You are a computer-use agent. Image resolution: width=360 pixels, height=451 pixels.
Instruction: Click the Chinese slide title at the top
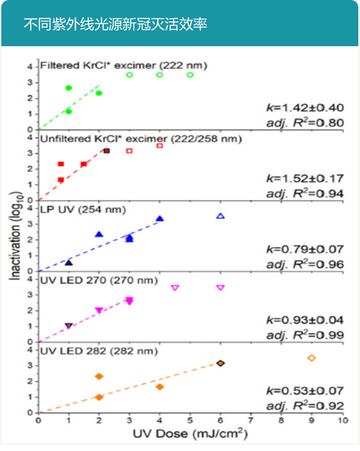click(x=115, y=24)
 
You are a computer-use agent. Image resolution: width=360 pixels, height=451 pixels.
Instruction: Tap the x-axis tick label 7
click(x=251, y=421)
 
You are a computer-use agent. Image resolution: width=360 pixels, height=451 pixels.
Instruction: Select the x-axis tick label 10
click(x=342, y=421)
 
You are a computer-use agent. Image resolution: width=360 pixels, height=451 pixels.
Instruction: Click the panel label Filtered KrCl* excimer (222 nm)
click(x=123, y=66)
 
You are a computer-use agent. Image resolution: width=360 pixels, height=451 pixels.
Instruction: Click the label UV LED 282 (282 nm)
click(x=99, y=351)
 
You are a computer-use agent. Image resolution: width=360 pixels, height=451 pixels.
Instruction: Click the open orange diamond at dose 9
click(x=312, y=358)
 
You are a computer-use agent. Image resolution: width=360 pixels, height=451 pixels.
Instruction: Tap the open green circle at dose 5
click(x=190, y=75)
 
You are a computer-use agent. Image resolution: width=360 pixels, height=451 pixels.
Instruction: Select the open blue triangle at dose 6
click(x=220, y=216)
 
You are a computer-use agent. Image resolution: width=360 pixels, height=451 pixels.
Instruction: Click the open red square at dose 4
click(x=160, y=145)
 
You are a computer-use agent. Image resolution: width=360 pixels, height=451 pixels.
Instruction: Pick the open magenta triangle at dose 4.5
click(x=175, y=288)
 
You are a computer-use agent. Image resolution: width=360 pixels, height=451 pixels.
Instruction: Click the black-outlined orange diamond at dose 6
click(x=220, y=363)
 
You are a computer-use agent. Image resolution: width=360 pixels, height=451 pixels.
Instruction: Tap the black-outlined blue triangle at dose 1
click(x=69, y=263)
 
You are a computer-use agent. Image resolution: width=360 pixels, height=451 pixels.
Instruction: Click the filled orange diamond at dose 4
click(x=160, y=387)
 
